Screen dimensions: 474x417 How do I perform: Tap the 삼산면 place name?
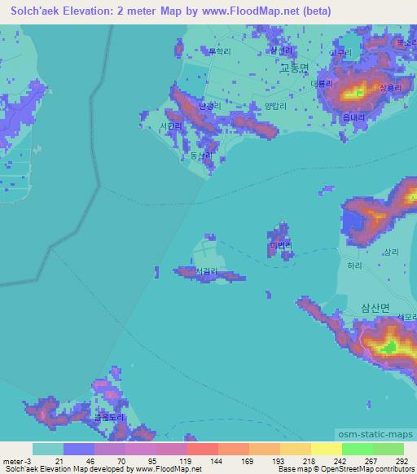click(x=375, y=308)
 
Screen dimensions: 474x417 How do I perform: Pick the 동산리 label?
click(x=200, y=155)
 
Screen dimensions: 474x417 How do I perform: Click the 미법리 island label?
click(x=280, y=244)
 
